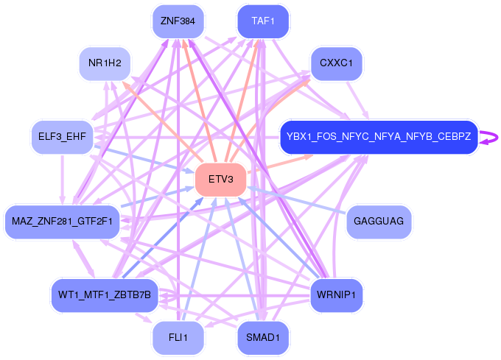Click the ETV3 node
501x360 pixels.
coord(221,180)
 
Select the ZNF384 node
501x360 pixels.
coord(178,21)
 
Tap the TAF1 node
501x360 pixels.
coord(263,21)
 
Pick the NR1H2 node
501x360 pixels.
coord(105,63)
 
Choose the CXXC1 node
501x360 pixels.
coord(337,63)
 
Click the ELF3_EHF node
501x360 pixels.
coord(62,137)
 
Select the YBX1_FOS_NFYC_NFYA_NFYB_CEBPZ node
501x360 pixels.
coord(379,137)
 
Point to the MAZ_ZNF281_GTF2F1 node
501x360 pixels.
coord(62,222)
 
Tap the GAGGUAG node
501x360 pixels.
coord(379,222)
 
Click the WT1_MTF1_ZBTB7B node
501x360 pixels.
coord(105,295)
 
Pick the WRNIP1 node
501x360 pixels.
coord(337,295)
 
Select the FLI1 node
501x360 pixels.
coord(178,337)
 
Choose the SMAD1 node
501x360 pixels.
coord(263,337)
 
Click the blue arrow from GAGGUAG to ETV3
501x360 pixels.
coord(296,200)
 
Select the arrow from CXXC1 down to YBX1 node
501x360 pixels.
coord(357,100)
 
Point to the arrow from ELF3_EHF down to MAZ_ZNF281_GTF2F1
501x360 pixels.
coord(62,180)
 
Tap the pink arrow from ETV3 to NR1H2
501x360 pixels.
coord(163,121)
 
